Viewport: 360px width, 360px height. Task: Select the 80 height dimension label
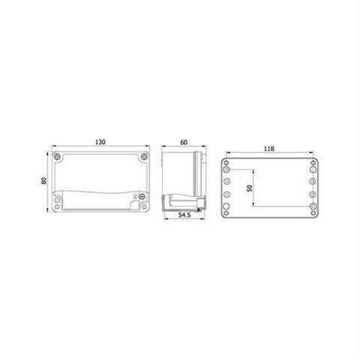click(45, 182)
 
